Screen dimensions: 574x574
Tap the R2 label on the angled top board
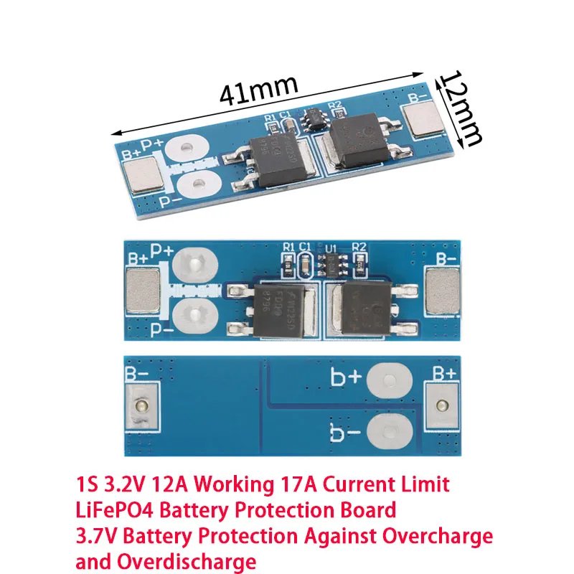coord(334,105)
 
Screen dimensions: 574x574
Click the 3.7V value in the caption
coord(98,535)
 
